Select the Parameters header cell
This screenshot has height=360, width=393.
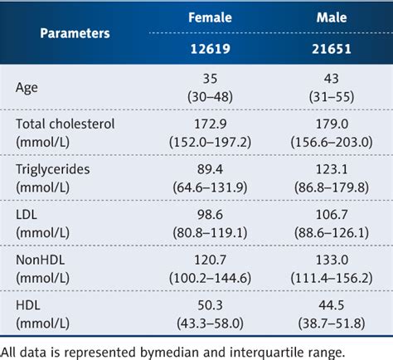click(75, 34)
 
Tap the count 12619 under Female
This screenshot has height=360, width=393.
click(209, 50)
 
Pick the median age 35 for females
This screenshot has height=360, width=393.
click(209, 78)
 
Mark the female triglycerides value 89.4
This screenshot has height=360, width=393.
click(209, 169)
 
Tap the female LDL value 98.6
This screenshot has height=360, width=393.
click(209, 215)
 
